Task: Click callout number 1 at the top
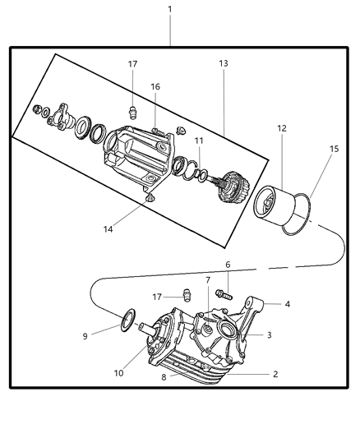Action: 170,9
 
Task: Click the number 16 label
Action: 155,87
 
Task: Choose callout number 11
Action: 198,141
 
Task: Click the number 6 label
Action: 228,265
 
